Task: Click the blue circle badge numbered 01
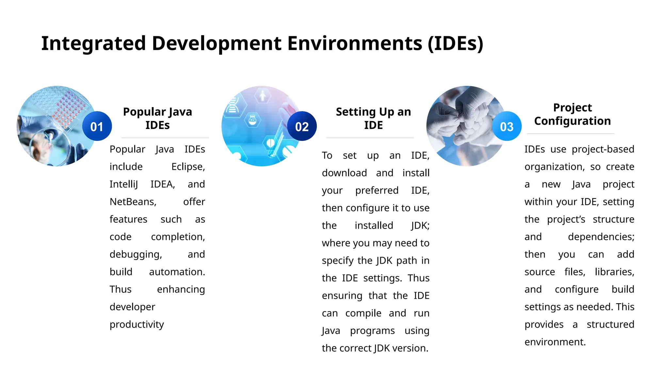[x=97, y=126]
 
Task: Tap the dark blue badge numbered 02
[x=302, y=126]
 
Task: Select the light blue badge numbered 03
[x=507, y=126]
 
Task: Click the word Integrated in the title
[x=93, y=43]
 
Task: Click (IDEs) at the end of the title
[x=455, y=43]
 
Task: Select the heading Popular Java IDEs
[x=157, y=118]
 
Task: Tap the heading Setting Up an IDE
[x=373, y=118]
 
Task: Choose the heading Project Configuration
[x=572, y=114]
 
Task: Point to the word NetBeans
[x=132, y=202]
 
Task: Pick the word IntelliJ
[x=124, y=184]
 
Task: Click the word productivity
[x=137, y=324]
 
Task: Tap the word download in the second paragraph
[x=344, y=173]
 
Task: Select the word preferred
[x=377, y=190]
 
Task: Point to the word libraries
[x=614, y=272]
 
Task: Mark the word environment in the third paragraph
[x=555, y=342]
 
